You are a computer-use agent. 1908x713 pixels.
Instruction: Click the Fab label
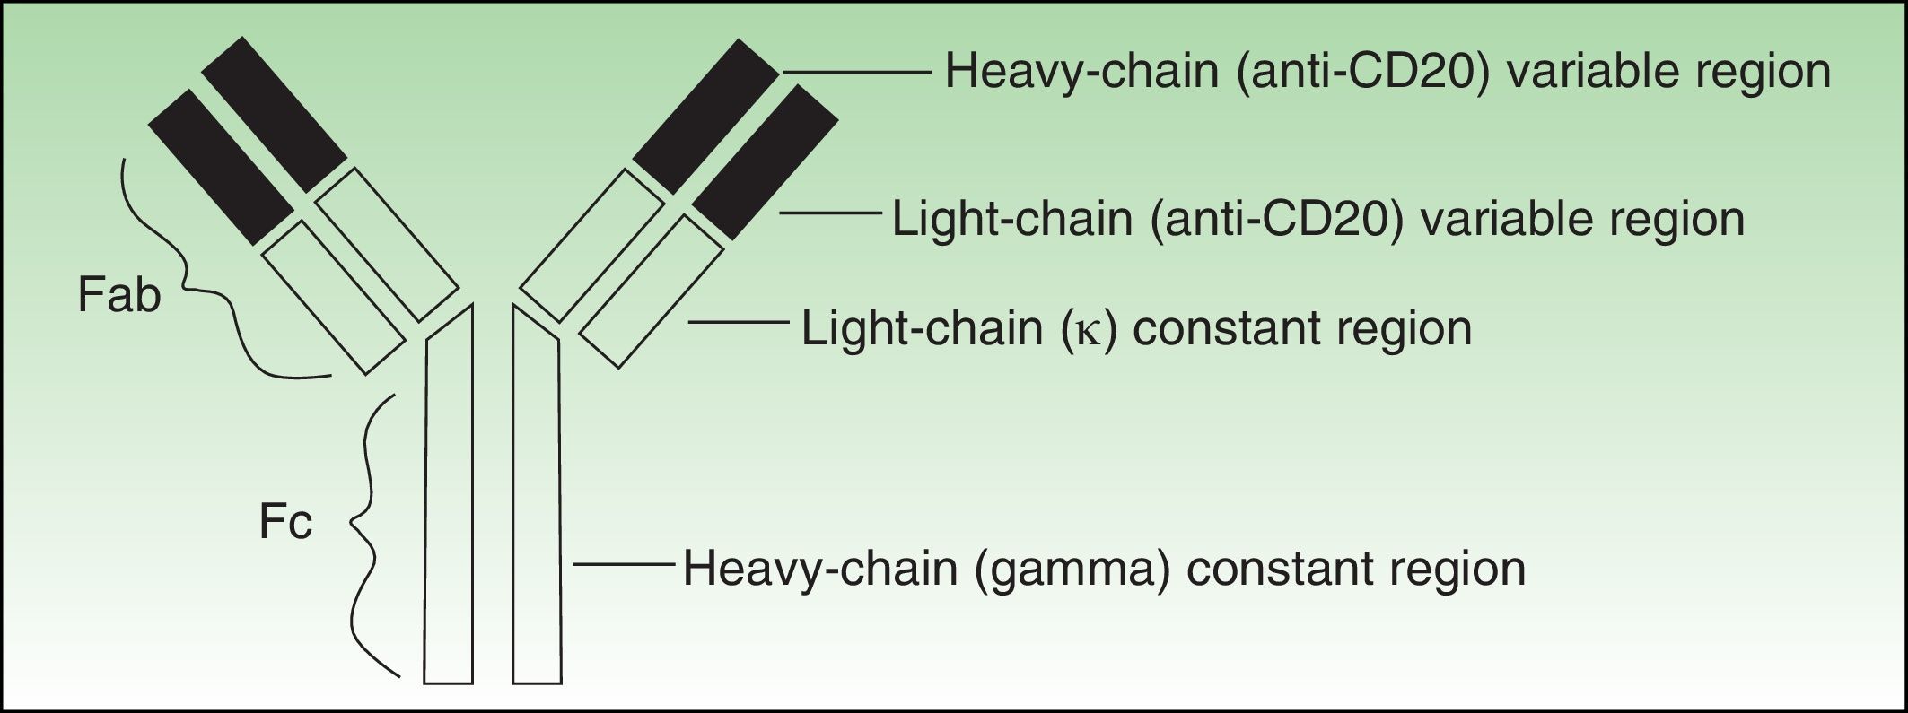point(119,296)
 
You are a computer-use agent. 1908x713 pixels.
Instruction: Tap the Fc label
point(285,523)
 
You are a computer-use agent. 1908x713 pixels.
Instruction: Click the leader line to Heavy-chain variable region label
point(857,71)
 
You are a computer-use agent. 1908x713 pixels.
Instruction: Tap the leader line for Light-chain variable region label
point(830,213)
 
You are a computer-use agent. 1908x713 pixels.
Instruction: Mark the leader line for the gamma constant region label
point(623,564)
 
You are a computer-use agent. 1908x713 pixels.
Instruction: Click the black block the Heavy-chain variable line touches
point(705,117)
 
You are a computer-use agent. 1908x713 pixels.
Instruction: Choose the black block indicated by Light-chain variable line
point(766,161)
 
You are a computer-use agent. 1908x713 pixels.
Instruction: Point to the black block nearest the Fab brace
point(220,166)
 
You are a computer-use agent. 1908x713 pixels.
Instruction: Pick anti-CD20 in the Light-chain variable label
point(1275,220)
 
